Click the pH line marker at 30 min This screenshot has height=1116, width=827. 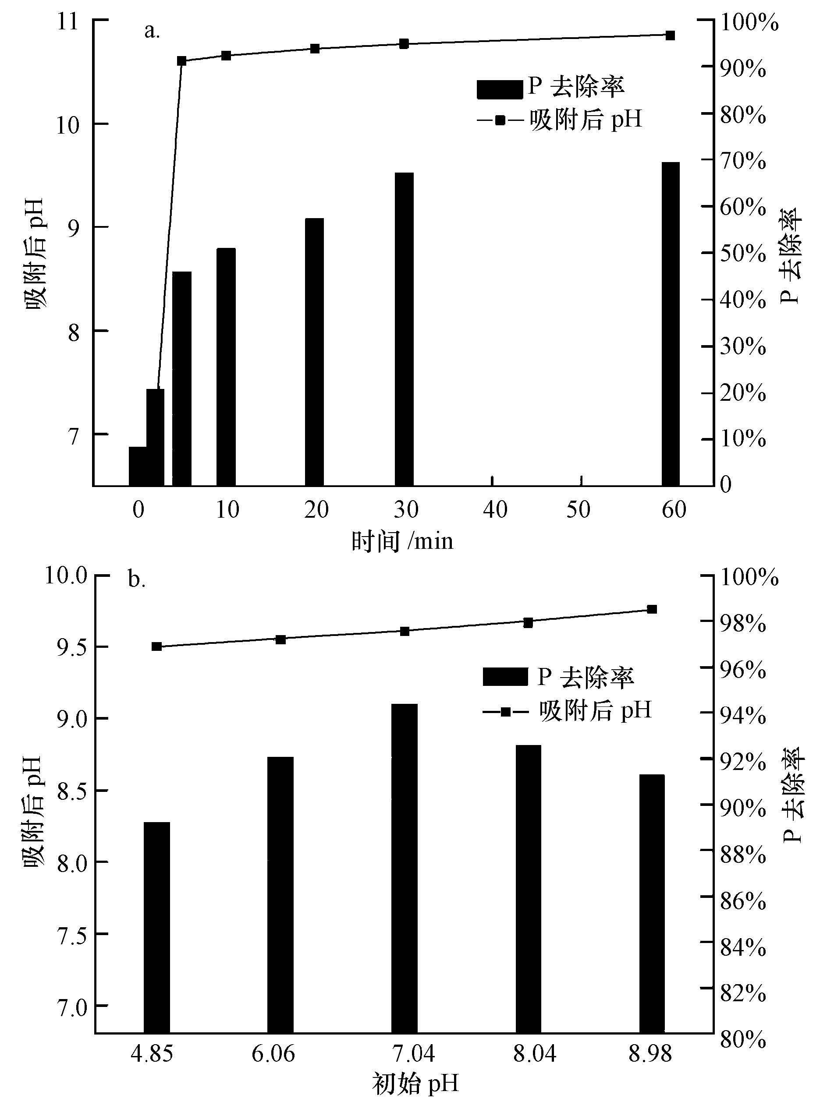[x=404, y=44]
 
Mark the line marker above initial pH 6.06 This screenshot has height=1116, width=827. [x=281, y=639]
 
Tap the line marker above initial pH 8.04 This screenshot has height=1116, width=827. [x=528, y=623]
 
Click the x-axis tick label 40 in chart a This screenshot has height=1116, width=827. [x=495, y=510]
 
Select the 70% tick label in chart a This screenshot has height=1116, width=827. [x=742, y=161]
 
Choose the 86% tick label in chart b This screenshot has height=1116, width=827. [x=743, y=901]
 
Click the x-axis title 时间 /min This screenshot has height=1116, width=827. [x=402, y=541]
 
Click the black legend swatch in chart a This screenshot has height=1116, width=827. [x=499, y=89]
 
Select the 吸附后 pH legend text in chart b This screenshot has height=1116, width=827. [x=595, y=710]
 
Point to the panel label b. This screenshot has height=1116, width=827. [x=137, y=580]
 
